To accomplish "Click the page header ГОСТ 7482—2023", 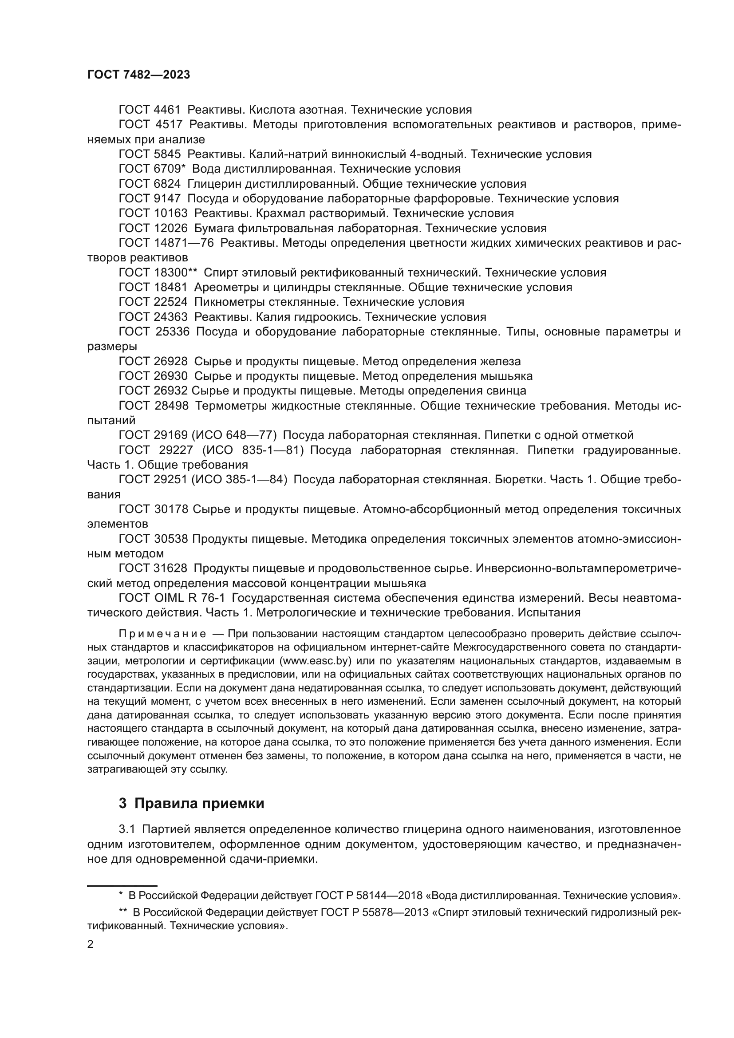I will [x=138, y=75].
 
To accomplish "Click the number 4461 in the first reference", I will [x=166, y=110].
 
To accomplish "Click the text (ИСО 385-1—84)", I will [x=240, y=480].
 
